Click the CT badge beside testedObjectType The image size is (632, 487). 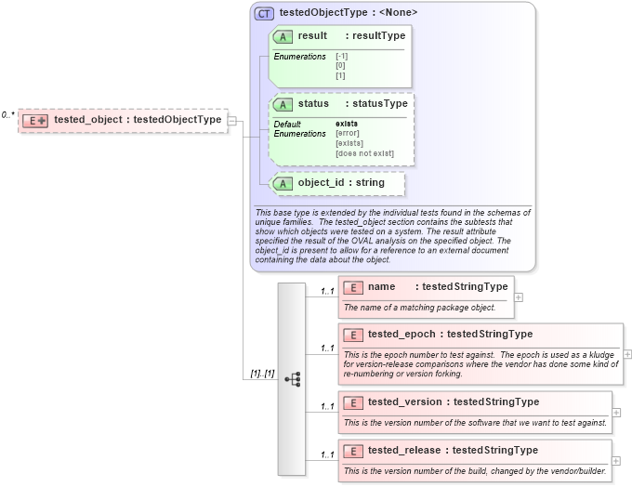(265, 13)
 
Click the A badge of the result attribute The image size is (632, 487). (283, 36)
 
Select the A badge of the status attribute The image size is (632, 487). (283, 104)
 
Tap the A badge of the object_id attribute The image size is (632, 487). (283, 183)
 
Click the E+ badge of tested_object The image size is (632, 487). (36, 120)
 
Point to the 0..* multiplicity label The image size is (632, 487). (7, 114)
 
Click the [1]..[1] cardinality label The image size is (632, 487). (261, 374)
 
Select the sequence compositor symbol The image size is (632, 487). (293, 379)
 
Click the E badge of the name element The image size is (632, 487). (353, 287)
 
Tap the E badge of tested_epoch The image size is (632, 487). (353, 335)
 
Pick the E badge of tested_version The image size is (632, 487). (353, 402)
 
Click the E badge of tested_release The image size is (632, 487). (353, 451)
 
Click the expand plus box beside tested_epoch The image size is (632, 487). (627, 354)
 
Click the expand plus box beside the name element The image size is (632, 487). (519, 297)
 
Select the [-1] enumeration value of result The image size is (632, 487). (341, 57)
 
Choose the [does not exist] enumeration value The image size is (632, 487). (364, 153)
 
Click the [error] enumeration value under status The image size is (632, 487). (349, 134)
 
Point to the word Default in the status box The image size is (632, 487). (287, 124)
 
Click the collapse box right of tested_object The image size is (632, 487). (232, 120)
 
